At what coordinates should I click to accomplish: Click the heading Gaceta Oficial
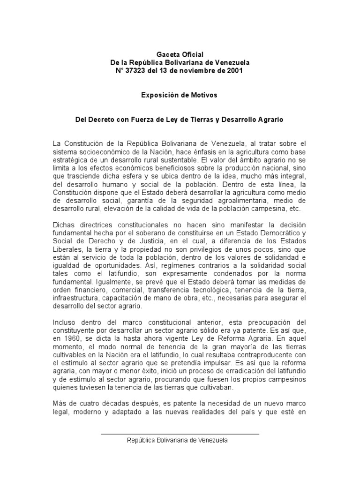180,55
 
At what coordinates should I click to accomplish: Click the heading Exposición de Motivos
180,95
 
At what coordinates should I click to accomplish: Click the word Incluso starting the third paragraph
64,323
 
